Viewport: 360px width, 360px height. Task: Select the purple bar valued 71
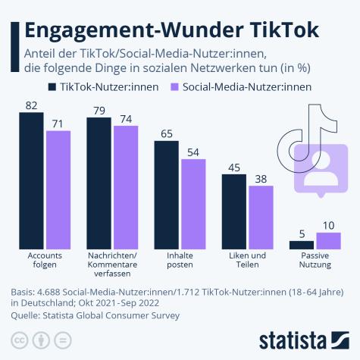point(58,189)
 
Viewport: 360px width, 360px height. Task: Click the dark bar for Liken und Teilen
point(234,211)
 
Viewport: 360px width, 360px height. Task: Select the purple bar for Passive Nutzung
point(328,240)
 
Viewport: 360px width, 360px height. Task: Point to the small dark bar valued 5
point(302,245)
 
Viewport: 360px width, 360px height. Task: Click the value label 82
point(32,105)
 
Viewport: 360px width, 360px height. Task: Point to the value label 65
point(167,133)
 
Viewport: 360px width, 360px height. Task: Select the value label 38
point(261,178)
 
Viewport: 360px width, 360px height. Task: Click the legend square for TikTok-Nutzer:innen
point(52,86)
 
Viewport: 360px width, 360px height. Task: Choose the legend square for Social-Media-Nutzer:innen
point(176,86)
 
